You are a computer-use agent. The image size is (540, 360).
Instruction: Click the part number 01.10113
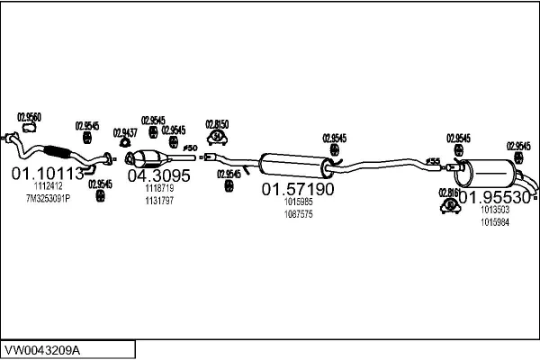coord(47,174)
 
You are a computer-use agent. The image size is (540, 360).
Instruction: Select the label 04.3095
coord(158,175)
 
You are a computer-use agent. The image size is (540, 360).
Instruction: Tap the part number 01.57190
coord(298,190)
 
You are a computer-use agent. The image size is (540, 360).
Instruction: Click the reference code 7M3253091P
coord(47,198)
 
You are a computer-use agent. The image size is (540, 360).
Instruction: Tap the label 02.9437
coord(125,132)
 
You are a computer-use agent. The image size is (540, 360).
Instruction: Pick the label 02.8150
coord(217,123)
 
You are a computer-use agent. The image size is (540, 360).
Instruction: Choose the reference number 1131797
coord(159,200)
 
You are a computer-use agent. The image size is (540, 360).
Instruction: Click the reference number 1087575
coord(298,214)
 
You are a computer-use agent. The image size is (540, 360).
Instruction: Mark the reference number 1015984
coord(494,221)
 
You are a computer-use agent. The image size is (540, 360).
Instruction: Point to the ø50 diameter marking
coord(189,148)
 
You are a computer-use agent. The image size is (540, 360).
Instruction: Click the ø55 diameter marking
coord(433,161)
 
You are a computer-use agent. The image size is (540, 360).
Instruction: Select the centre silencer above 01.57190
coord(293,165)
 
